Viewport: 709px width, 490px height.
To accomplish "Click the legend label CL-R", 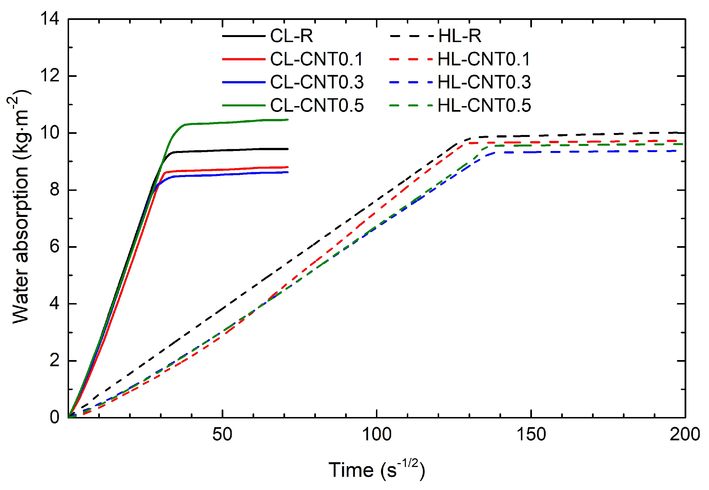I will pyautogui.click(x=291, y=36).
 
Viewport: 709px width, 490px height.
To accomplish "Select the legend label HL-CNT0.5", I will pyautogui.click(x=484, y=106).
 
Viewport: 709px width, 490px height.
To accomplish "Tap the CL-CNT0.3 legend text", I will pyautogui.click(x=317, y=82).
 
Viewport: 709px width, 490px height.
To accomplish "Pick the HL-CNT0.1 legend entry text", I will pyautogui.click(x=484, y=59).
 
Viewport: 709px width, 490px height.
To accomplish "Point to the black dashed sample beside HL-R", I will pyautogui.click(x=411, y=36).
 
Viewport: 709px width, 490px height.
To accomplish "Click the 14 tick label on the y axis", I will pyautogui.click(x=50, y=19).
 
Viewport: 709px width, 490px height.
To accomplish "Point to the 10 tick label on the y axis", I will pyautogui.click(x=50, y=133).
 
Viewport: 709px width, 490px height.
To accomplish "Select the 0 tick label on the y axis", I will pyautogui.click(x=54, y=418).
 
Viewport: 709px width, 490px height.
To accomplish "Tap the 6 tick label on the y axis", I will pyautogui.click(x=54, y=247).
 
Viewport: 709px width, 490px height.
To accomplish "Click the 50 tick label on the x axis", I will pyautogui.click(x=222, y=435).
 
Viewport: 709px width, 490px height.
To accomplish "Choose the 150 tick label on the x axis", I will pyautogui.click(x=531, y=435).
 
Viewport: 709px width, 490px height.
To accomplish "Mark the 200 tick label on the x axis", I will pyautogui.click(x=684, y=435).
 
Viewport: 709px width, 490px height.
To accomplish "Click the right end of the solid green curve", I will pyautogui.click(x=288, y=120).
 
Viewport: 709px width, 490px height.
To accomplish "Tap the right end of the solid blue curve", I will pyautogui.click(x=288, y=172).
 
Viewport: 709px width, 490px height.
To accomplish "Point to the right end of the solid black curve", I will pyautogui.click(x=288, y=149).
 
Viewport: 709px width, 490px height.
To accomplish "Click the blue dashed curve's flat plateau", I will pyautogui.click(x=583, y=152).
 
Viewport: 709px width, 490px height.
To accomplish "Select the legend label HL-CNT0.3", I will pyautogui.click(x=484, y=82).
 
